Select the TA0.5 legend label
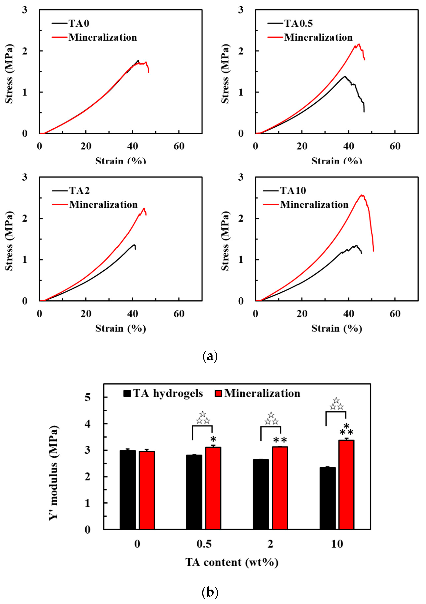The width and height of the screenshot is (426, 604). click(x=298, y=24)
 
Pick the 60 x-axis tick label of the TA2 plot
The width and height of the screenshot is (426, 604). click(x=179, y=314)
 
